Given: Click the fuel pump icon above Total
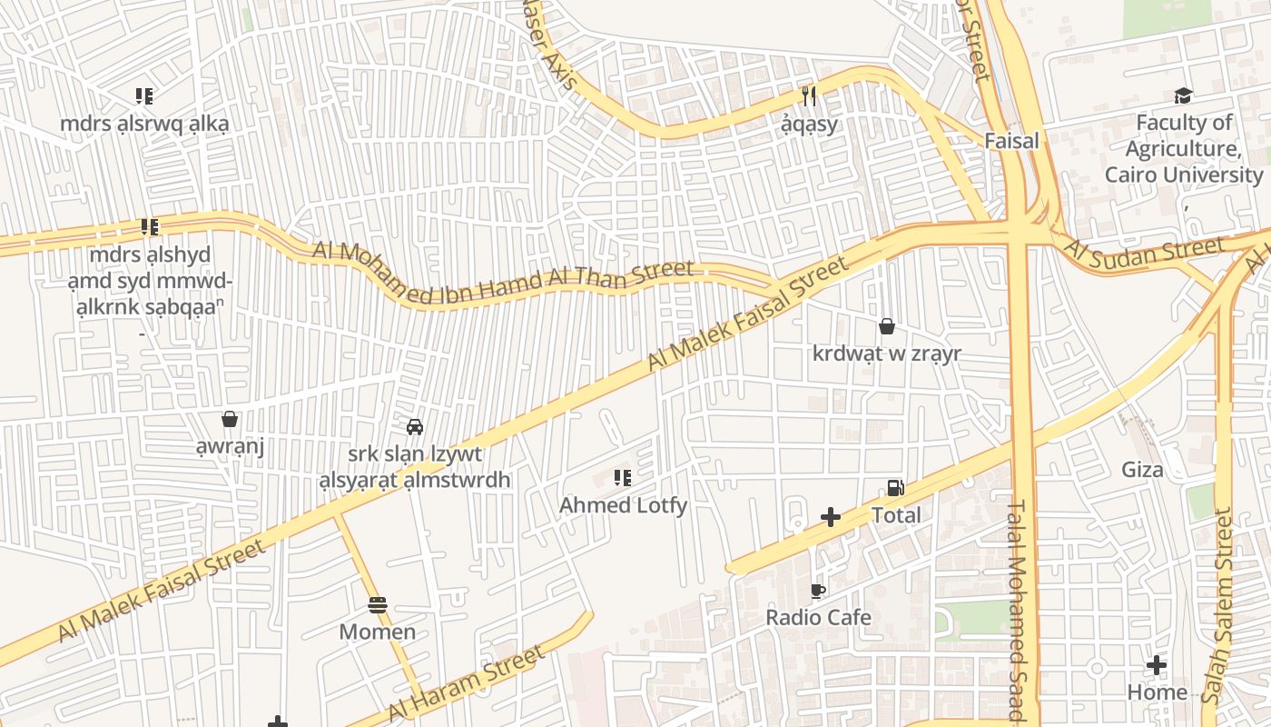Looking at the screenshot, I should tap(896, 488).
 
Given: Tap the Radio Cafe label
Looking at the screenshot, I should tap(818, 618).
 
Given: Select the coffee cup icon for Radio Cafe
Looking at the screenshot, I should tap(818, 592).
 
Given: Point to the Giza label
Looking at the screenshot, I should tap(1142, 470).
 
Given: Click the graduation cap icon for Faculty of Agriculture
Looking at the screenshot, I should tap(1183, 96).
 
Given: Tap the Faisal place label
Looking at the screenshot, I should tap(1011, 141).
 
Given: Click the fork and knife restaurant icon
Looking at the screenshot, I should tap(809, 95).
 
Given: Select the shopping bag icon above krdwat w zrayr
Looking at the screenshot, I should tap(887, 326).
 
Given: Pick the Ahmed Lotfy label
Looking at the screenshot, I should tap(623, 505).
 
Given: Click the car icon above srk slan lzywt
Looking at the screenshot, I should tap(415, 427).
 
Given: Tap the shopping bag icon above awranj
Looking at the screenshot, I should tap(230, 419).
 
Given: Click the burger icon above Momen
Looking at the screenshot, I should tap(378, 605).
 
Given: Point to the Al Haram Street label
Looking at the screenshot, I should tap(467, 683).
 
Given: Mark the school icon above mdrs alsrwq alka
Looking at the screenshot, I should tap(144, 96).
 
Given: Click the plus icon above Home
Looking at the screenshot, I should tap(1156, 665).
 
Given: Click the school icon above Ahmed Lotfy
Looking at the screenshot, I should tap(623, 478).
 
